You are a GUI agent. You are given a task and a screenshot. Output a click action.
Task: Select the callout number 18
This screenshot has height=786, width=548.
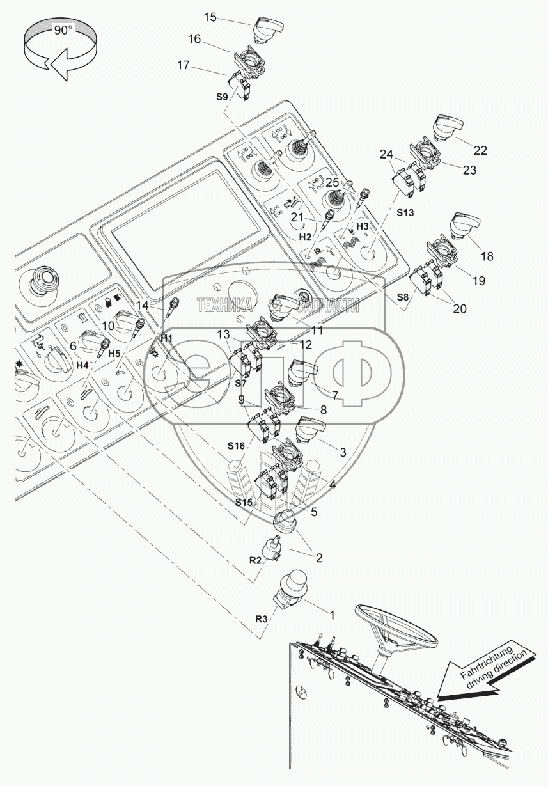[x=487, y=256]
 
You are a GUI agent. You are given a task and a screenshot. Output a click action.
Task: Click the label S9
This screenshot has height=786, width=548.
[x=222, y=97]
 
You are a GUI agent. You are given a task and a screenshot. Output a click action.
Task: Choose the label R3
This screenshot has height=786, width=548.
[x=260, y=619]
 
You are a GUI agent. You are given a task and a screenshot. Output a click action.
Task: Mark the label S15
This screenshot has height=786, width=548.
[x=244, y=503]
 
